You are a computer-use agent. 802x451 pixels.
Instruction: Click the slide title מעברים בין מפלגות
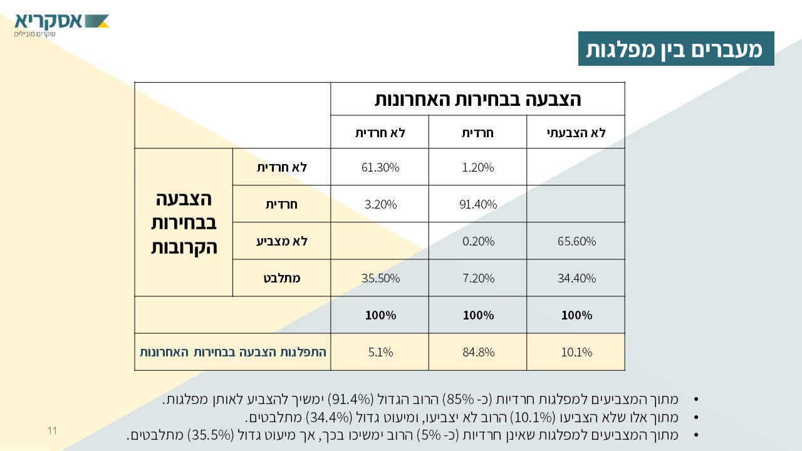675,49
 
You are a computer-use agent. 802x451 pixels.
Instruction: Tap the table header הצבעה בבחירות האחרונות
477,99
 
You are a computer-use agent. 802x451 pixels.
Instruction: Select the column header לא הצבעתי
576,132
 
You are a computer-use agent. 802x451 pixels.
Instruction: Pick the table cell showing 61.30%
380,167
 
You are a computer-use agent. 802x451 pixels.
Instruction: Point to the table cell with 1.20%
478,167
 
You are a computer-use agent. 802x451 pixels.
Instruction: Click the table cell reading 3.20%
380,204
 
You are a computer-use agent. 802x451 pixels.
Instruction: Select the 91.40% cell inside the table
478,204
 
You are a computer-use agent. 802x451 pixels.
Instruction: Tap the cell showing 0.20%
478,241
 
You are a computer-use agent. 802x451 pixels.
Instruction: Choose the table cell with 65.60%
576,241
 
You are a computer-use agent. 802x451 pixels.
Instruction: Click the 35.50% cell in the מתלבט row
380,278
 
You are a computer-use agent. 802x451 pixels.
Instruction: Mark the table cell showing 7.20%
478,278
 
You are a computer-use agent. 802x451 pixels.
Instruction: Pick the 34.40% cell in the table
576,278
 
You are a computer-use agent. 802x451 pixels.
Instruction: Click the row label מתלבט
282,278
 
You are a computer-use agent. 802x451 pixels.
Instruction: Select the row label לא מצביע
282,241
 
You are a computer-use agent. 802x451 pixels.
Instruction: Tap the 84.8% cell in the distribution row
478,352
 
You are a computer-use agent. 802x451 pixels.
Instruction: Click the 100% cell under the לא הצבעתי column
576,315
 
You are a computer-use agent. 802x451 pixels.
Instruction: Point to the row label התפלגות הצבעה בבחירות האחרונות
233,352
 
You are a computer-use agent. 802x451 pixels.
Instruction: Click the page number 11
52,430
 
